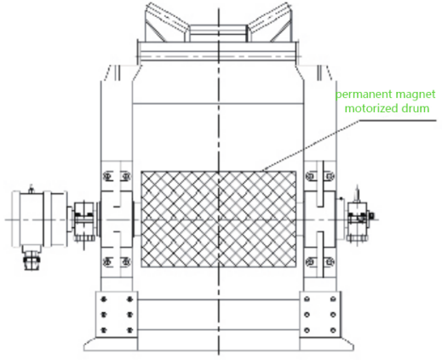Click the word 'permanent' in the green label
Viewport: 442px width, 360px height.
click(x=359, y=94)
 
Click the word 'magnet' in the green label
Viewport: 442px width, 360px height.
click(x=411, y=94)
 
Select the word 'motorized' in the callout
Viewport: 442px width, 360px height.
click(x=369, y=108)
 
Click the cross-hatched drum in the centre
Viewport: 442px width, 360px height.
click(x=219, y=219)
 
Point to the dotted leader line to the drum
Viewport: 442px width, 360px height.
click(x=311, y=146)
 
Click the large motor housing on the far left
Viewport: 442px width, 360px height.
click(x=40, y=219)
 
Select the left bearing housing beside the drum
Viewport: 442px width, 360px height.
click(x=117, y=219)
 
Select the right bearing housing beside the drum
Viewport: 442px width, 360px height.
click(x=320, y=219)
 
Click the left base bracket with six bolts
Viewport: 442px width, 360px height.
click(x=117, y=314)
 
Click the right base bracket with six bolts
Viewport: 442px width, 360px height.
click(x=320, y=314)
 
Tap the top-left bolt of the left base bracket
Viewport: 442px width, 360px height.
click(x=104, y=299)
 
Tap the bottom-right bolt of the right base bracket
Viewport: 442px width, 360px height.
click(x=333, y=330)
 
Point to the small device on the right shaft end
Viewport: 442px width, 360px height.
click(x=359, y=219)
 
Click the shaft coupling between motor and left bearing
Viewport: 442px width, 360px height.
click(x=84, y=220)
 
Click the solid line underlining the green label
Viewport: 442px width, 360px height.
click(x=398, y=120)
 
